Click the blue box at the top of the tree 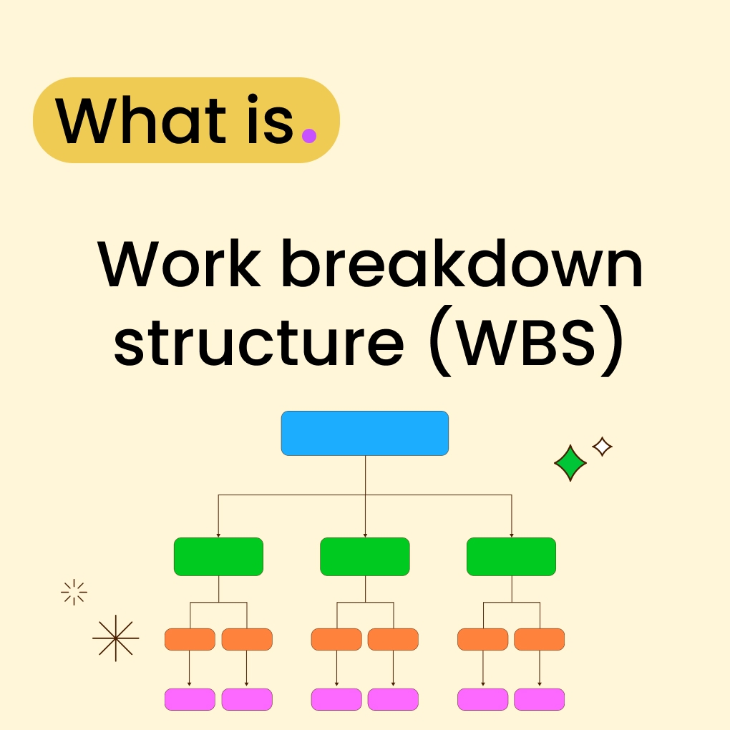click(x=365, y=433)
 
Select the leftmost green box click(x=218, y=557)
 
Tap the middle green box click(x=365, y=557)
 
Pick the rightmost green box click(x=511, y=557)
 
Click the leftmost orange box click(x=190, y=639)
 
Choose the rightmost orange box click(x=539, y=639)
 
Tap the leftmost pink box click(x=190, y=699)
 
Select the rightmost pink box click(x=539, y=699)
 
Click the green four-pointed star click(x=570, y=463)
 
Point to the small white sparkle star click(x=603, y=447)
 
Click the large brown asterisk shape click(x=116, y=638)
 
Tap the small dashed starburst click(x=74, y=592)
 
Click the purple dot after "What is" click(x=308, y=135)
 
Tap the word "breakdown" click(x=462, y=265)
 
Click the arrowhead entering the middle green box click(x=365, y=535)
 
